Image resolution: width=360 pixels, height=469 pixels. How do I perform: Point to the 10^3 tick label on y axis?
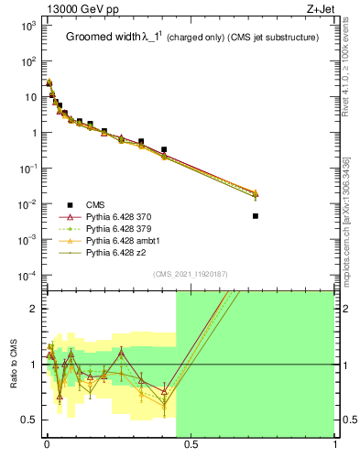tap(27, 26)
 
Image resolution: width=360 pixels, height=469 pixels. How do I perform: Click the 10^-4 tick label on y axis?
tap(27, 276)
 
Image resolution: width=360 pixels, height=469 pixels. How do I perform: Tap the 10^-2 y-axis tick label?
tap(27, 204)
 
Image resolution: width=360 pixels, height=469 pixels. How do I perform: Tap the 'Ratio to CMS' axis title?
tap(13, 364)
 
